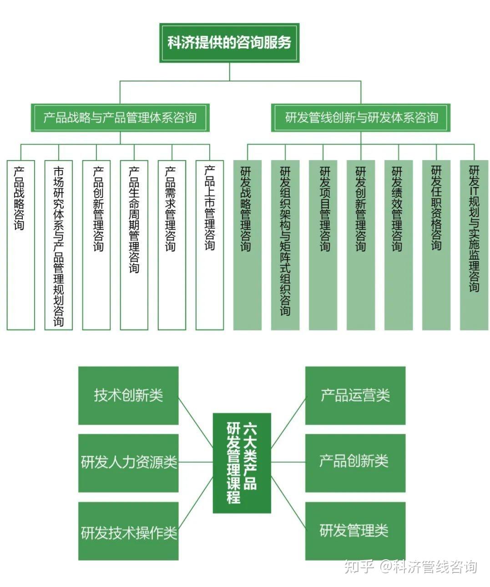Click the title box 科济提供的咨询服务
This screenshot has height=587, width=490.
(x=229, y=43)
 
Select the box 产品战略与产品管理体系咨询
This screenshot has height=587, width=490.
(x=120, y=118)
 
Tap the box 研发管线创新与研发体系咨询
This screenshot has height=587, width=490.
(x=361, y=118)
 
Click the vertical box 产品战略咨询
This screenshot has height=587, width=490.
(x=20, y=245)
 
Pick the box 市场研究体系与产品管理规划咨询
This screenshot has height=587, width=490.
(x=59, y=245)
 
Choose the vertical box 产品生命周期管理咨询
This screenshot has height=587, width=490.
(x=134, y=245)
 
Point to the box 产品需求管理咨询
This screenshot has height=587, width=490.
(x=172, y=245)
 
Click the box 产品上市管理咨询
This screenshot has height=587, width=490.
(x=209, y=245)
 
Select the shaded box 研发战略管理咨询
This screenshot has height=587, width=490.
(x=247, y=245)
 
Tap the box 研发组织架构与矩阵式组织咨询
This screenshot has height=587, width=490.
(x=285, y=245)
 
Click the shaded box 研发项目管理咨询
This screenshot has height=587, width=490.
(x=323, y=245)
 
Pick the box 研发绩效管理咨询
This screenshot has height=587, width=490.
(x=399, y=245)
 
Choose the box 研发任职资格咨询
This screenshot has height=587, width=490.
(x=436, y=245)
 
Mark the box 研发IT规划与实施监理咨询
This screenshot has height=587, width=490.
(x=474, y=245)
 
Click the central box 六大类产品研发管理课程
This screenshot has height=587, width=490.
(x=242, y=463)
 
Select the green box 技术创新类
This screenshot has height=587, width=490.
(x=128, y=395)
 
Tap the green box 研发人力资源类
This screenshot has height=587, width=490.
(x=128, y=463)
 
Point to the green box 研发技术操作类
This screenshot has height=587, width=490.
(x=128, y=531)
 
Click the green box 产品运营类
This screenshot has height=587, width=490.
(x=355, y=395)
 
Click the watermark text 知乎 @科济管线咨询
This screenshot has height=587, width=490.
(x=410, y=567)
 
